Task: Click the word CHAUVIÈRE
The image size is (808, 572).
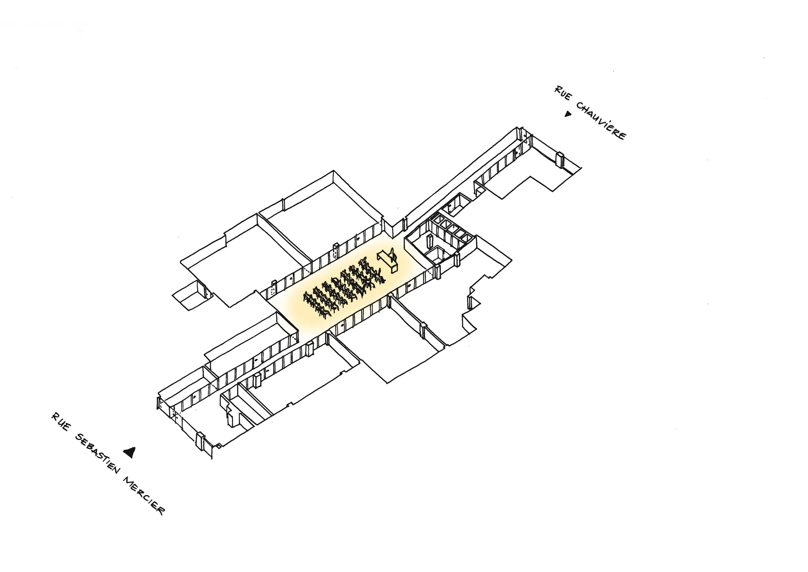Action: coord(601,121)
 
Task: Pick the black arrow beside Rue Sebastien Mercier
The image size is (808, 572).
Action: coord(130,452)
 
